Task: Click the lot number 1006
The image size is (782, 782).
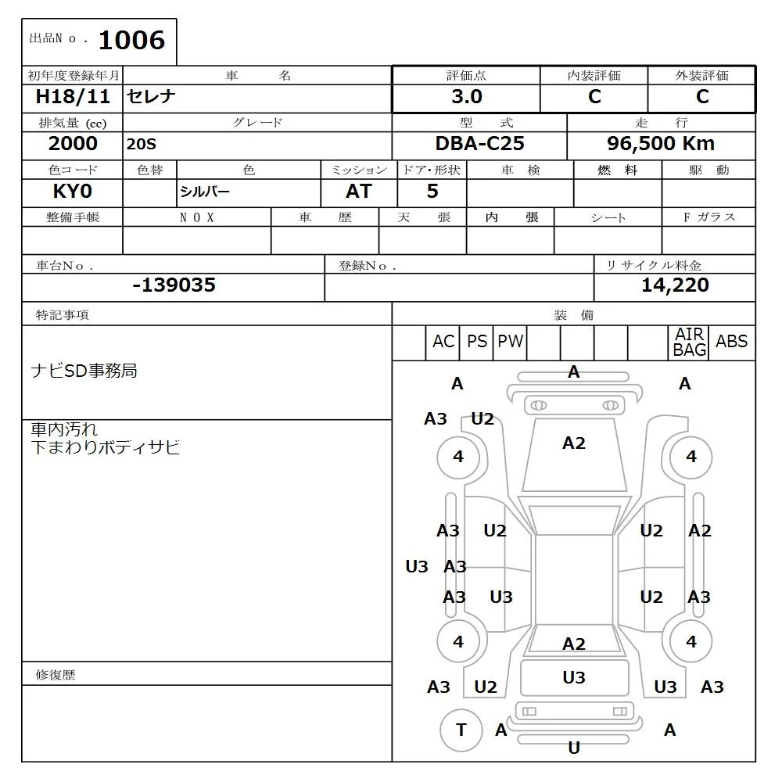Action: point(131,40)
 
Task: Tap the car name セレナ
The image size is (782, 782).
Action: point(152,97)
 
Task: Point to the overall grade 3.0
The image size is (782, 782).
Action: point(467,97)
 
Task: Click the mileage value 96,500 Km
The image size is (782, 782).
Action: point(661,144)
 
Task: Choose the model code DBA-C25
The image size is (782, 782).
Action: point(479,144)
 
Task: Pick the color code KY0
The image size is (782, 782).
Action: point(73,192)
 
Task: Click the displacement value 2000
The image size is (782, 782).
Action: point(73,144)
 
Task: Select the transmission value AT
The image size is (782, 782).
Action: point(359,192)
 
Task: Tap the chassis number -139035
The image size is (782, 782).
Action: point(174,285)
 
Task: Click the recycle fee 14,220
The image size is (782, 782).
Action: point(675,285)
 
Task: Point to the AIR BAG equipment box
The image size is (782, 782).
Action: point(689,343)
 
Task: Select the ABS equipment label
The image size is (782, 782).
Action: point(731,342)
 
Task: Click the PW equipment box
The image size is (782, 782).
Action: point(510,342)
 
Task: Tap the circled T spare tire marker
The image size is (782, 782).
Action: point(461,730)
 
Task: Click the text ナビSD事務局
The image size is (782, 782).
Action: point(84,371)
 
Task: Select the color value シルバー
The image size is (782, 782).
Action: point(205,192)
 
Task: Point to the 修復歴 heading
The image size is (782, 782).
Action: point(56,674)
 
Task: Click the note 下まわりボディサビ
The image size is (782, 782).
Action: point(105,447)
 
